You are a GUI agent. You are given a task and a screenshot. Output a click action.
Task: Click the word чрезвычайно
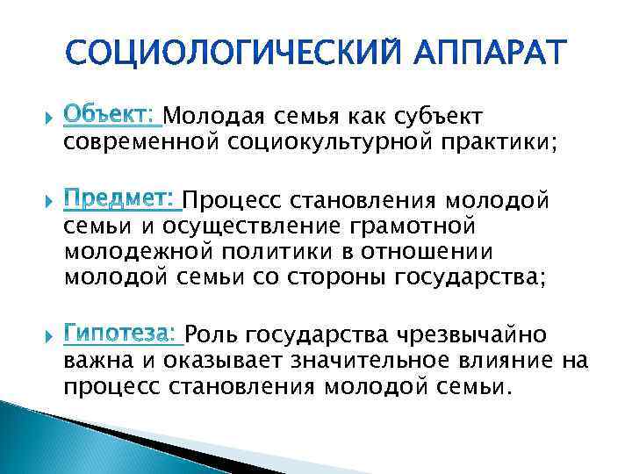click(476, 335)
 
